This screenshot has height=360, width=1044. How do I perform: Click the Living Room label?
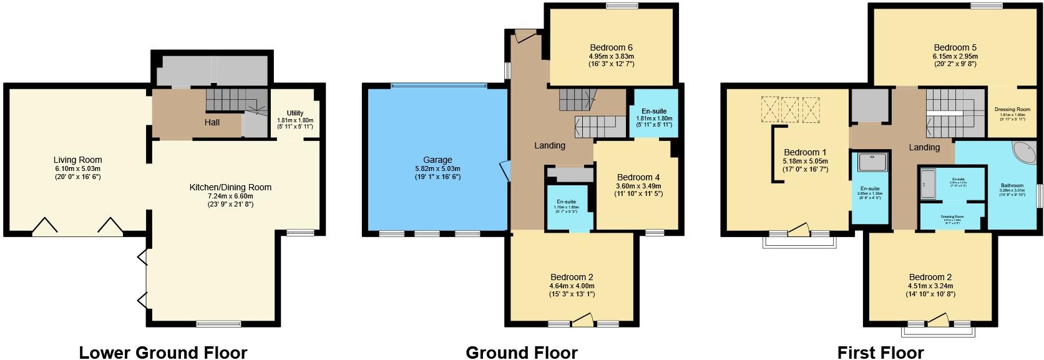click(x=77, y=160)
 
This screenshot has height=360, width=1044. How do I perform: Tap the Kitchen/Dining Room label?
click(x=231, y=187)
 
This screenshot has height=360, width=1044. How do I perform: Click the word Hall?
click(x=212, y=122)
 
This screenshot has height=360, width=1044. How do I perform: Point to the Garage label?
click(x=437, y=160)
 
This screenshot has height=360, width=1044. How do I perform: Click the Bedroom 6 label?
click(x=612, y=47)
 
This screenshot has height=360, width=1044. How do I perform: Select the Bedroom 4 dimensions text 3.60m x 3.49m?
click(x=638, y=186)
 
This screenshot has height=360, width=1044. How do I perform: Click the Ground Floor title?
click(x=522, y=353)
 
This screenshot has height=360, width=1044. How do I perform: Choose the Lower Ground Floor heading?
click(x=163, y=353)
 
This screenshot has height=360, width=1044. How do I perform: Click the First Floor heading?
click(x=880, y=353)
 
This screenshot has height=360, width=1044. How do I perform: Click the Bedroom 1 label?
click(x=805, y=152)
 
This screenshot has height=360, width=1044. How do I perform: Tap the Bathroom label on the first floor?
click(x=1012, y=185)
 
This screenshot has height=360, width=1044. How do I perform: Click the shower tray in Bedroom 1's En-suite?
click(x=869, y=162)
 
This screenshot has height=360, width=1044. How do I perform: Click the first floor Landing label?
click(x=924, y=147)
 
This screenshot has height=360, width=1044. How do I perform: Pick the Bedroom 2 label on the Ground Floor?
click(x=572, y=277)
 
